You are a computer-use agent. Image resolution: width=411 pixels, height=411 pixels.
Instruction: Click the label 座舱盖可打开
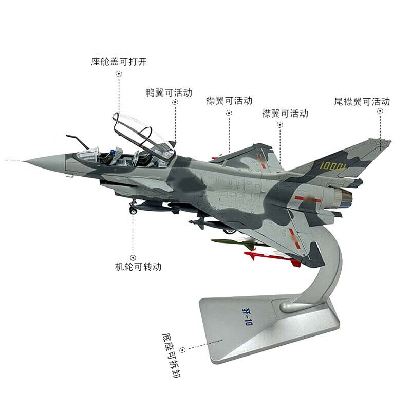tap(119, 62)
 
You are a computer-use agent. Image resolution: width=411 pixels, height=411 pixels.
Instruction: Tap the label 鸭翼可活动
tap(169, 92)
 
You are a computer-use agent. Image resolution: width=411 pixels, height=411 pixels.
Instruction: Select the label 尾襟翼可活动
tap(362, 101)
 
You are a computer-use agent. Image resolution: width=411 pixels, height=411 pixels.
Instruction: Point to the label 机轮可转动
tap(138, 267)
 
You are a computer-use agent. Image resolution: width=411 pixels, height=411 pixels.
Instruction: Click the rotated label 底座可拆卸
tap(172, 355)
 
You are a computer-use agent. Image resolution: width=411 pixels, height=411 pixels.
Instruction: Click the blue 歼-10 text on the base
tap(247, 316)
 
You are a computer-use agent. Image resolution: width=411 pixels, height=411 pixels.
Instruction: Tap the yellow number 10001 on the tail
tap(333, 165)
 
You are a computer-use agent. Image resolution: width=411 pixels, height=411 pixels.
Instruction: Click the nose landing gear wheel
tap(133, 210)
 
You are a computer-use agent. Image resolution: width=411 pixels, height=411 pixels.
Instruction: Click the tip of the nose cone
tap(24, 161)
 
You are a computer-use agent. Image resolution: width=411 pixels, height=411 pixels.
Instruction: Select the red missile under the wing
tap(272, 258)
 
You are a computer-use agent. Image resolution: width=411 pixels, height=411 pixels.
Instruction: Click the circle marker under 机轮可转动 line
tap(133, 258)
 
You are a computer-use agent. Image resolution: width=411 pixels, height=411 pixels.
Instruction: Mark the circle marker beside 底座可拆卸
tap(182, 350)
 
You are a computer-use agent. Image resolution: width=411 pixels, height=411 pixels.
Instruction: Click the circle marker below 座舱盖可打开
tap(119, 74)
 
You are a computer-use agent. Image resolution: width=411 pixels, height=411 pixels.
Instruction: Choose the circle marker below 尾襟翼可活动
tap(380, 111)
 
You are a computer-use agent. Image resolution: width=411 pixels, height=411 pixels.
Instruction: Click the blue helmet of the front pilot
tap(113, 152)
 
